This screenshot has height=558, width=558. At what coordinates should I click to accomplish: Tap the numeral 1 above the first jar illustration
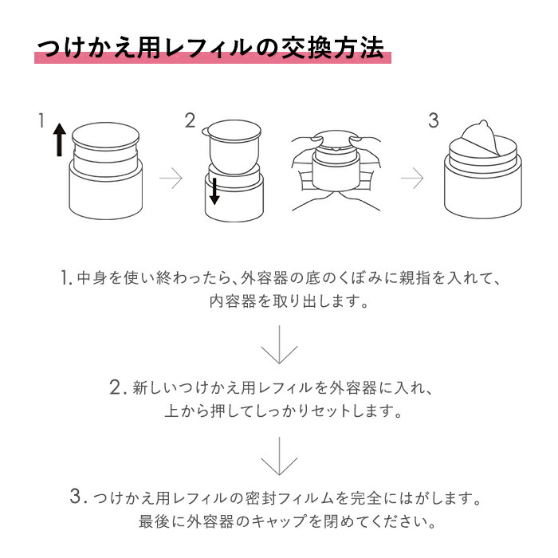[x=41, y=120]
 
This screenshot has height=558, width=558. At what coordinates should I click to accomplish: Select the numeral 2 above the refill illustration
[x=190, y=120]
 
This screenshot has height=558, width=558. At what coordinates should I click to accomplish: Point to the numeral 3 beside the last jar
[x=433, y=120]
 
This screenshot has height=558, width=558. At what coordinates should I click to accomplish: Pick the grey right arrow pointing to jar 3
[x=411, y=179]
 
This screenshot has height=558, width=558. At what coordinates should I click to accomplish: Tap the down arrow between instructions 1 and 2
[x=278, y=350]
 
